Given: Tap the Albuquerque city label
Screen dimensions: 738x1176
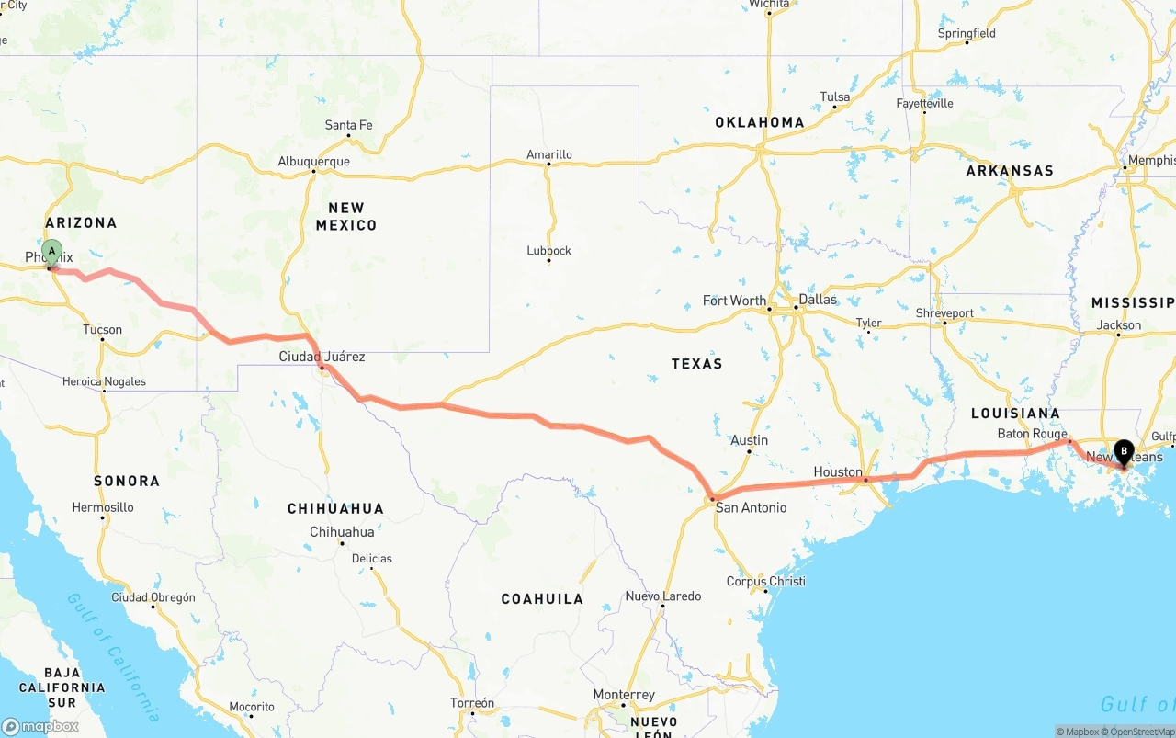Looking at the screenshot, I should tap(313, 162).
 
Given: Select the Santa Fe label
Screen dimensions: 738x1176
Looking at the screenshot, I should tap(348, 125).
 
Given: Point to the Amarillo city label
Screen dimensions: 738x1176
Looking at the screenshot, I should tap(549, 154).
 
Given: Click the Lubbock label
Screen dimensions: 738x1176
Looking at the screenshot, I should tap(549, 250).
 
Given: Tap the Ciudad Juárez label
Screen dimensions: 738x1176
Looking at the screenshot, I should tap(322, 357).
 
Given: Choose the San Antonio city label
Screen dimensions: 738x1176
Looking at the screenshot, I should tap(751, 507).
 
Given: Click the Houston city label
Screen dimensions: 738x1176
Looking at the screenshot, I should tap(838, 472).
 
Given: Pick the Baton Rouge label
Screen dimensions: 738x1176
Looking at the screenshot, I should tap(1032, 434).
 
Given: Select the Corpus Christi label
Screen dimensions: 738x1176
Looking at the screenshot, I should tap(765, 581).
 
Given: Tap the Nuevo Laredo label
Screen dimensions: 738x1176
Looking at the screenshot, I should tap(662, 596).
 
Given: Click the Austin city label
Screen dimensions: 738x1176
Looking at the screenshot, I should tap(749, 441).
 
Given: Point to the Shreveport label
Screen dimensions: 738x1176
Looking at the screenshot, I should tap(944, 313).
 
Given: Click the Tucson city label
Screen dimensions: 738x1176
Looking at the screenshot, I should tap(102, 329).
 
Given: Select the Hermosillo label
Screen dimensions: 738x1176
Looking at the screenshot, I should tap(103, 507).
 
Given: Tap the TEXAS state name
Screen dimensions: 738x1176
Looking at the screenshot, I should tap(696, 364).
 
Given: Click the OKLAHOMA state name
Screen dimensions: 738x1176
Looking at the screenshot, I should tap(760, 122).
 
